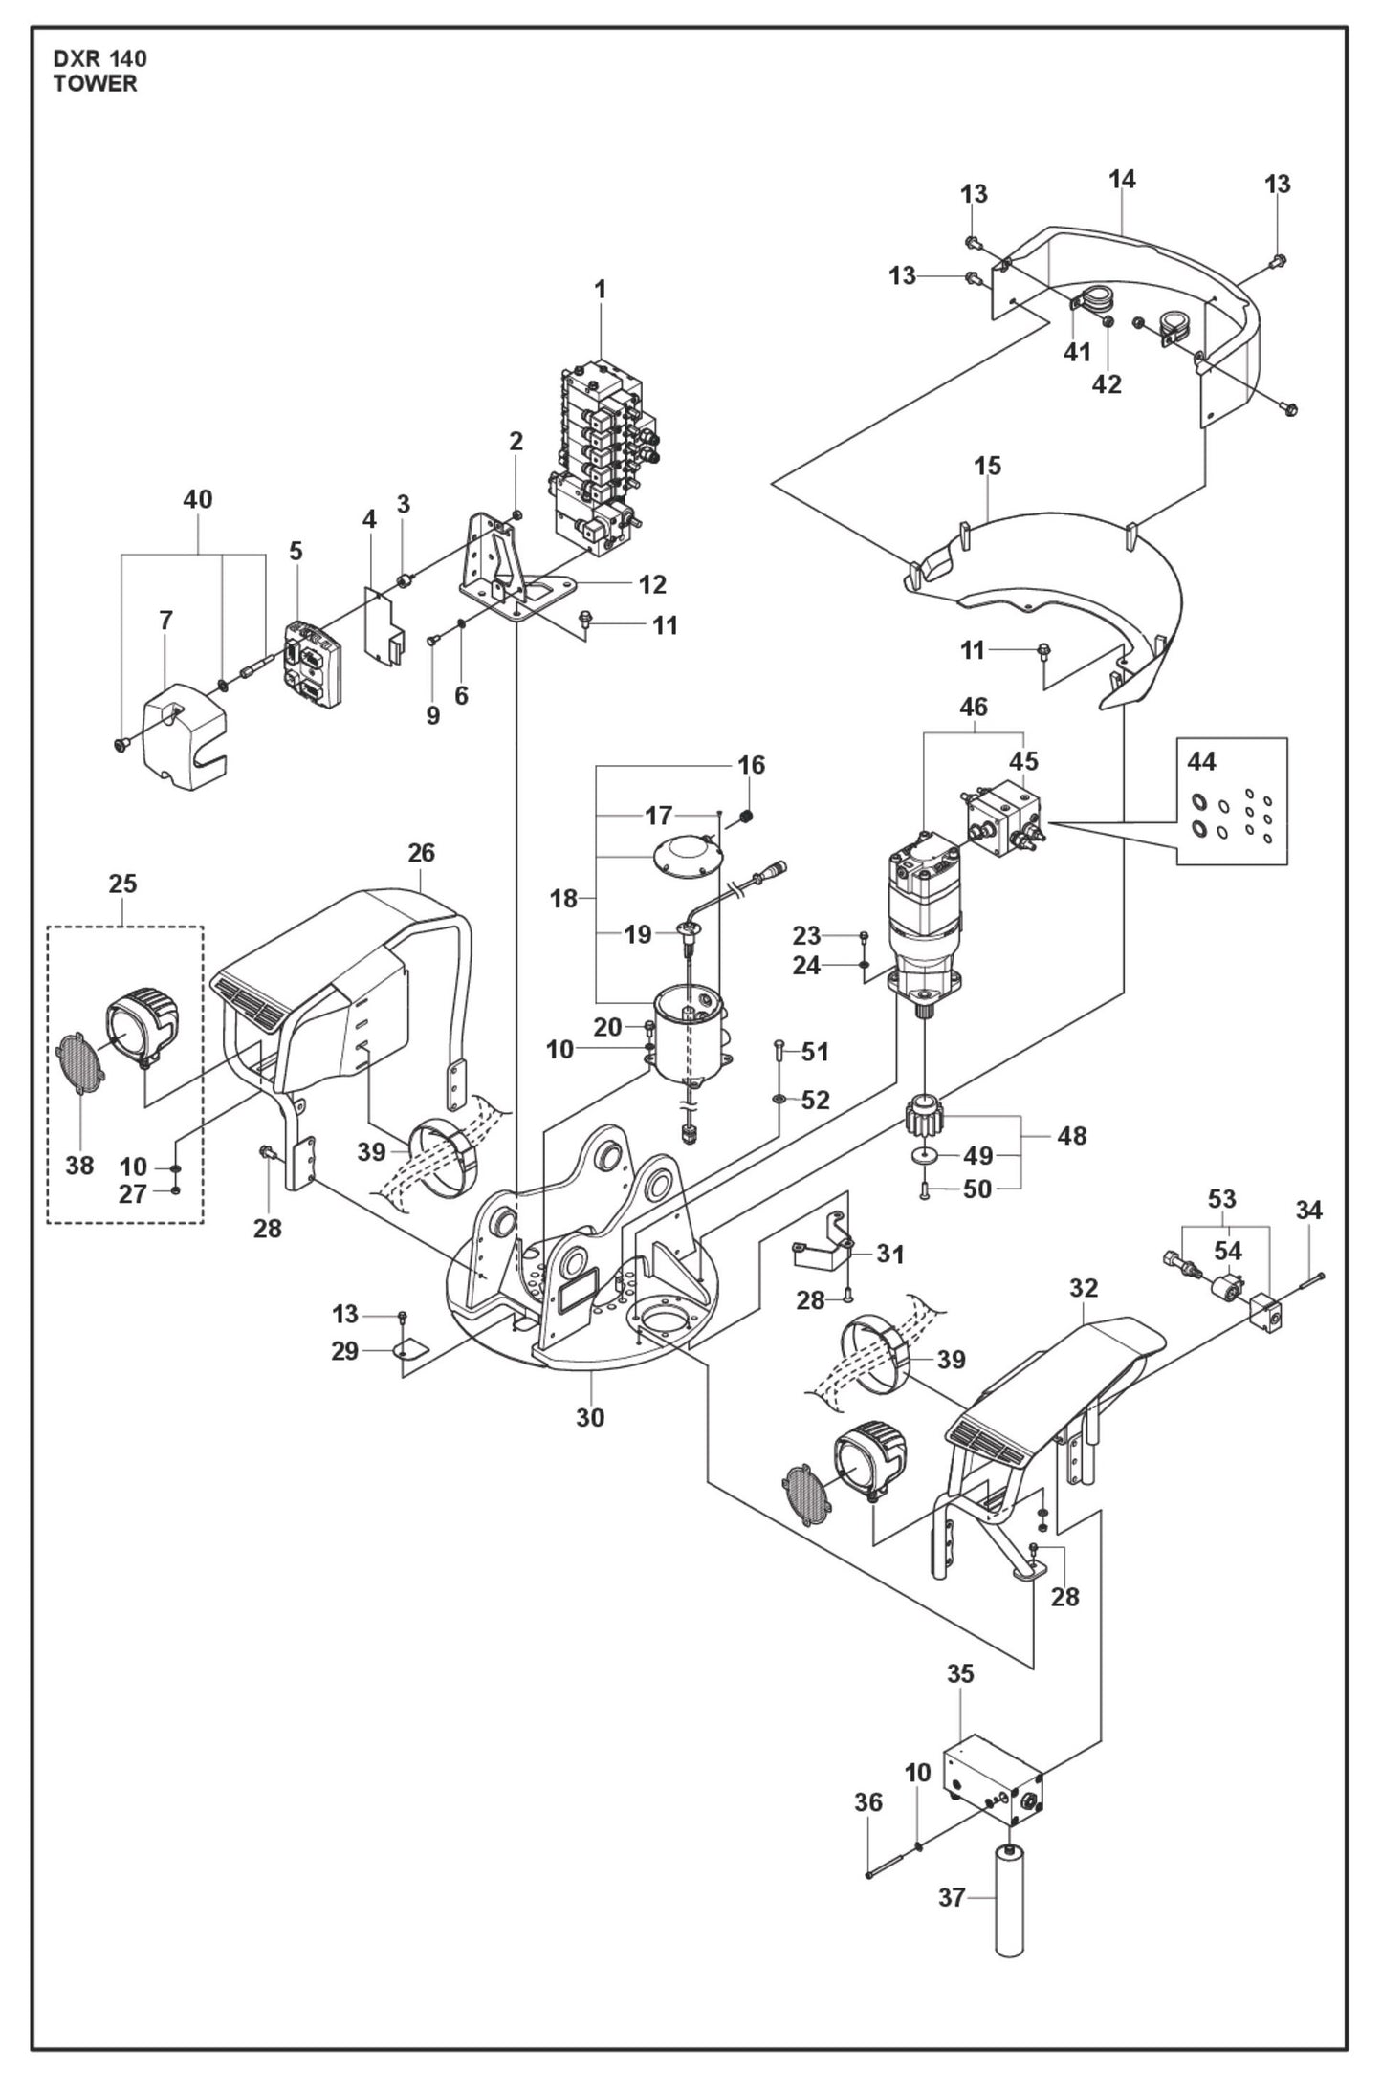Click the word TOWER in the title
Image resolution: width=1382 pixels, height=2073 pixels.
(95, 84)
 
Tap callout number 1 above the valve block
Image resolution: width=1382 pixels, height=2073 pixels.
(601, 289)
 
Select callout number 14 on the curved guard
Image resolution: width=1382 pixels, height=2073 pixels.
(1122, 179)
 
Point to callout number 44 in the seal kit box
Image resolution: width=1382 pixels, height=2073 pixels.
(1201, 761)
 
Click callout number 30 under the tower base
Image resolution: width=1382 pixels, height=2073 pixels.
(590, 1417)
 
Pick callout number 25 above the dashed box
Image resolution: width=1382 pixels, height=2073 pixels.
(122, 884)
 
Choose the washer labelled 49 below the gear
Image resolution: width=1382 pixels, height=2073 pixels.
(924, 1156)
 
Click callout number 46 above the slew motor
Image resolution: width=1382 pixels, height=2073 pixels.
(973, 708)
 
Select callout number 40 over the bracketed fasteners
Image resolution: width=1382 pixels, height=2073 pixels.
(198, 499)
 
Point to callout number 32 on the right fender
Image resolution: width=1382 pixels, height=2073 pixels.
(1083, 1288)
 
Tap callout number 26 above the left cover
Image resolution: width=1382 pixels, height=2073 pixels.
(421, 852)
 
